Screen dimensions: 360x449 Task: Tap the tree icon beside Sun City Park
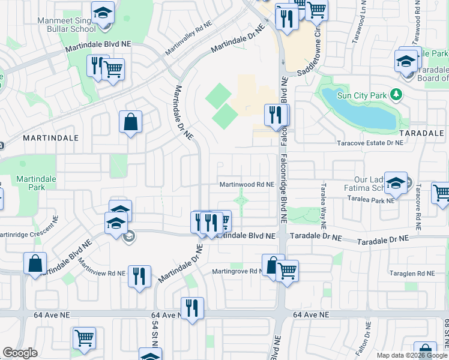coord(396,94)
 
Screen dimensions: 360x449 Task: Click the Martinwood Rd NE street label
coord(247,185)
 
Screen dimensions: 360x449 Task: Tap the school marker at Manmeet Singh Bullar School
coord(103,13)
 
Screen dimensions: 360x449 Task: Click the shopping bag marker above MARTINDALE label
coord(130,122)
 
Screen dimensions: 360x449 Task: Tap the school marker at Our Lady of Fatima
coord(396,184)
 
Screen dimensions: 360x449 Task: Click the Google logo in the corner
coord(20,353)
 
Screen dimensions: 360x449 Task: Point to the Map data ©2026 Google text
coord(411,355)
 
